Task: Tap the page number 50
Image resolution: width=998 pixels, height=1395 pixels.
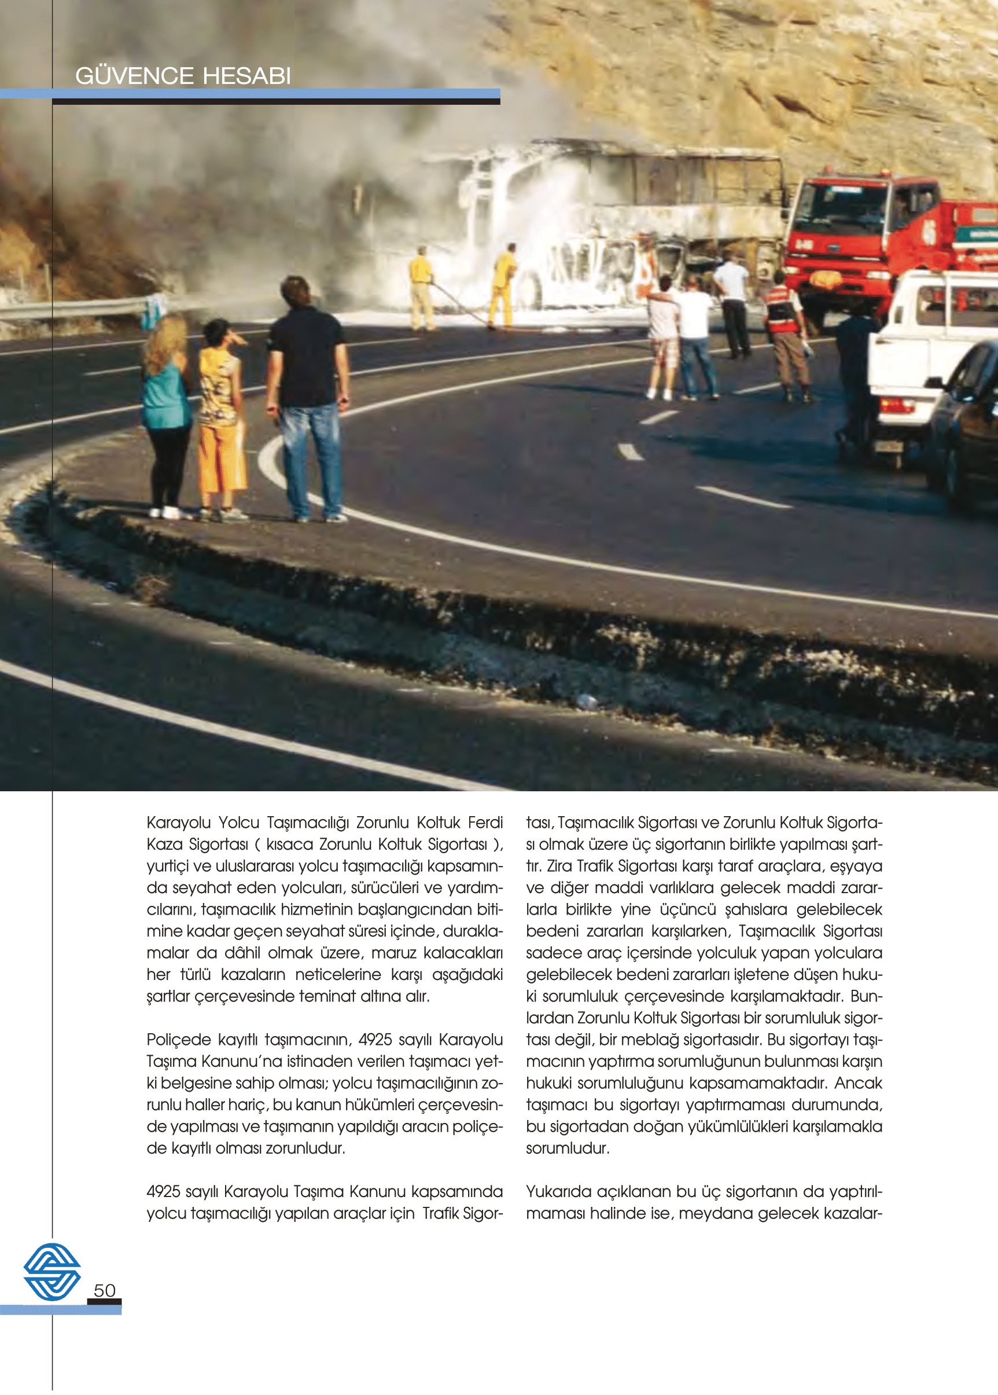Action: (105, 1290)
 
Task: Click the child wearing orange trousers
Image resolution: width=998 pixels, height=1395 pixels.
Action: (221, 418)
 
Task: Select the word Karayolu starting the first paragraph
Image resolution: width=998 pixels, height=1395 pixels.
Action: (178, 823)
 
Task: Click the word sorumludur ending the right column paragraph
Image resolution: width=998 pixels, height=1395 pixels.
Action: (567, 1148)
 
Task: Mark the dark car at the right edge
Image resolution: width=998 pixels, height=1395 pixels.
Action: (968, 424)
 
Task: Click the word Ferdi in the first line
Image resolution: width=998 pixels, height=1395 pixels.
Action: (485, 823)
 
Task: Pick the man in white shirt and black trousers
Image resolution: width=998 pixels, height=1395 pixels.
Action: (732, 307)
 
